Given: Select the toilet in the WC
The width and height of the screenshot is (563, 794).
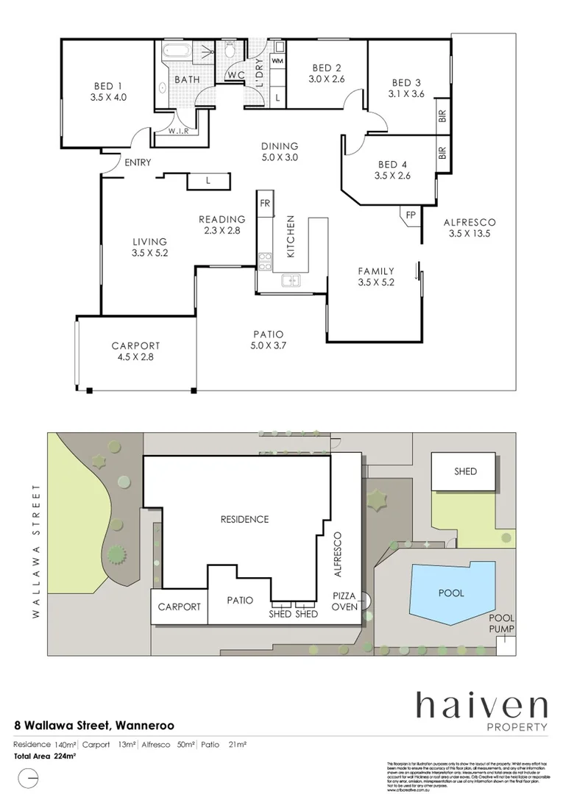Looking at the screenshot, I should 231,51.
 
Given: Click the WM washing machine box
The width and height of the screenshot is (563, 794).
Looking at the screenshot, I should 277,60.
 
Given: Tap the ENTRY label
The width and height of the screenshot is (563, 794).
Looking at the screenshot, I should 138,162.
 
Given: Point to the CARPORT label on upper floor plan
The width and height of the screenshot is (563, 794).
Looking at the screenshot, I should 135,346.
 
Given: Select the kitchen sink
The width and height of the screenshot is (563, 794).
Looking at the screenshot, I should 291,280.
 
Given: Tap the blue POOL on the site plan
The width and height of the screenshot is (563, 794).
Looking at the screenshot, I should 450,593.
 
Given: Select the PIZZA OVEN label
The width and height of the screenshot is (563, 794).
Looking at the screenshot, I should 344,600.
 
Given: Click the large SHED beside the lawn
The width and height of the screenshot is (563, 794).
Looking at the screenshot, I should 464,472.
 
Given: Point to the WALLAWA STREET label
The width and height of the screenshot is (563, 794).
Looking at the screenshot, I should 35,551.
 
